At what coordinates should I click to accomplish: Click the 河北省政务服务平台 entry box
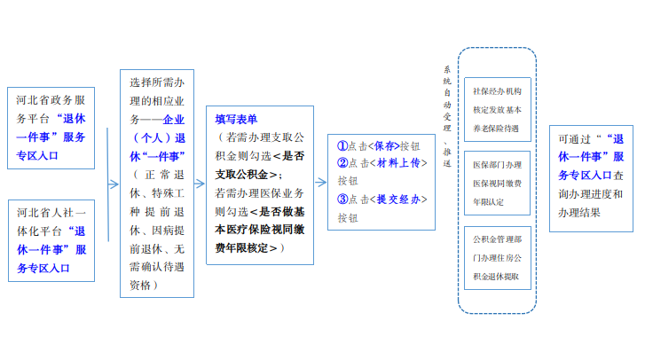(x=51, y=128)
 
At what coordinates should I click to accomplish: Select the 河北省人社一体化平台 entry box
(x=51, y=241)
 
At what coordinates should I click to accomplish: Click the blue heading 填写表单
(x=236, y=120)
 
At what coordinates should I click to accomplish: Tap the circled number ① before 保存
(x=342, y=146)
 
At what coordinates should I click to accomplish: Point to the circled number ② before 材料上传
(x=342, y=163)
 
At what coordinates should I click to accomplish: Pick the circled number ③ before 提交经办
(x=342, y=200)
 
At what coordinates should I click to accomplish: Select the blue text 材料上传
(x=398, y=163)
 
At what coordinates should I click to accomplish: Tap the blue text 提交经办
(x=398, y=200)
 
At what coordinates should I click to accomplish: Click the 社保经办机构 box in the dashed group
(x=498, y=109)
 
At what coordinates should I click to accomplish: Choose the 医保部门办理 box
(x=498, y=183)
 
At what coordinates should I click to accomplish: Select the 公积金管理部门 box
(x=498, y=258)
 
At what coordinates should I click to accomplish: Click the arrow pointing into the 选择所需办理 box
(x=114, y=184)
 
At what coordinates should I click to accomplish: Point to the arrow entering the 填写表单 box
(x=200, y=184)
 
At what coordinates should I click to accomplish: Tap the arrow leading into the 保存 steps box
(x=321, y=182)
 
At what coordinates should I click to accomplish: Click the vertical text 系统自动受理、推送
(x=447, y=116)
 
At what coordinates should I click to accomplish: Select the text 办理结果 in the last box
(x=579, y=213)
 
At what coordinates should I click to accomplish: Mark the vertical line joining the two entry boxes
(x=107, y=184)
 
